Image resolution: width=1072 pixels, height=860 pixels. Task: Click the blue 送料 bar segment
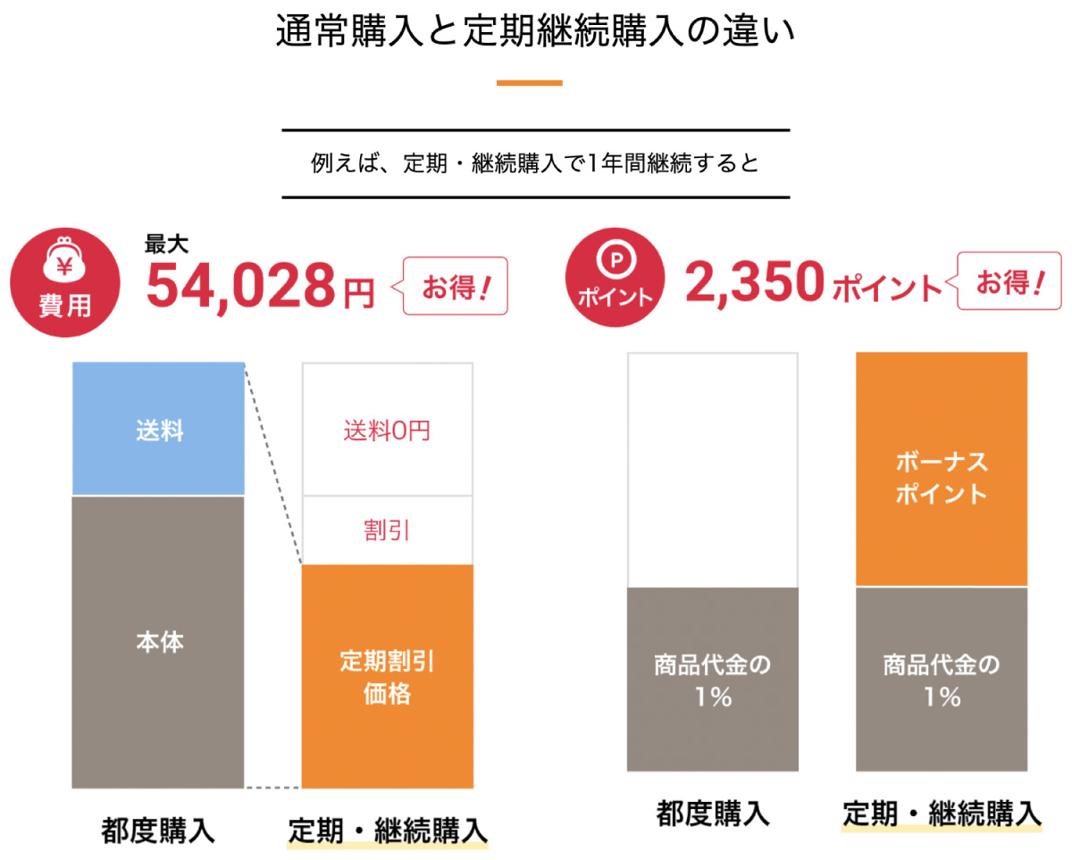pyautogui.click(x=158, y=429)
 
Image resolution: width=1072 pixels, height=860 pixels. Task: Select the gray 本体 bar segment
pyautogui.click(x=158, y=641)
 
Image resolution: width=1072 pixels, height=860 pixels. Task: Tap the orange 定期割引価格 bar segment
pyautogui.click(x=387, y=676)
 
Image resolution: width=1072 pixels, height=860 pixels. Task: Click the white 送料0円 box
pyautogui.click(x=387, y=430)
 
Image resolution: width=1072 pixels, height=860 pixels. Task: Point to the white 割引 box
pyautogui.click(x=387, y=530)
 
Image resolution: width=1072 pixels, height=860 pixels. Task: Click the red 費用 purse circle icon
pyautogui.click(x=64, y=282)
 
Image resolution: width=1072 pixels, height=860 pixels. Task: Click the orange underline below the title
pyautogui.click(x=529, y=83)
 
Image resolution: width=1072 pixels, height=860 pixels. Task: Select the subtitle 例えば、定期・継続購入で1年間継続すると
pyautogui.click(x=535, y=164)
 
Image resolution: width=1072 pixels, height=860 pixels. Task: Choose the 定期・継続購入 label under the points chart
pyautogui.click(x=942, y=814)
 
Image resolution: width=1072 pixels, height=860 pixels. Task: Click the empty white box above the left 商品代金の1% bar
pyautogui.click(x=712, y=470)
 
